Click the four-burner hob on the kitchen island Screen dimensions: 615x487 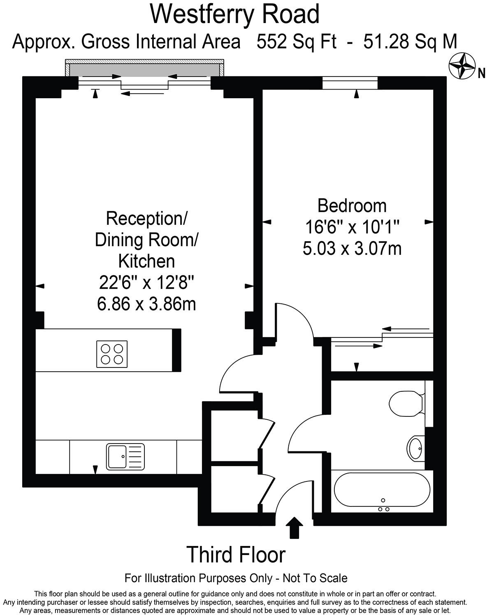[x=112, y=354]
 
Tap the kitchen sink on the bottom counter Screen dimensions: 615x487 [x=125, y=456]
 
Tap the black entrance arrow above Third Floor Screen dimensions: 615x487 [x=294, y=527]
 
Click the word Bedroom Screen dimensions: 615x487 [x=352, y=205]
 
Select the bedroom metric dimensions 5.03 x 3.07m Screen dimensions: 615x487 [x=352, y=249]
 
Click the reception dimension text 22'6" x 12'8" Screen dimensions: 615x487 [x=146, y=283]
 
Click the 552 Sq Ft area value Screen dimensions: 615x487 [x=297, y=42]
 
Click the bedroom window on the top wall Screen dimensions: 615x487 [x=350, y=83]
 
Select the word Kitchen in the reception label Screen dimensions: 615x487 [x=146, y=261]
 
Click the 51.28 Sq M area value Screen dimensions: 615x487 [x=410, y=42]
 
